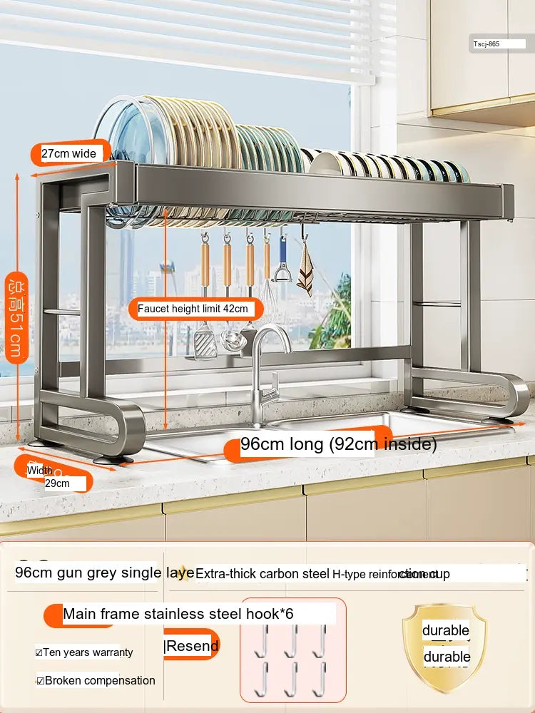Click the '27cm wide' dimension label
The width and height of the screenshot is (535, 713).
pos(68,153)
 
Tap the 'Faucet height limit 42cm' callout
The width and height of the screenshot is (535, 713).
pos(193,309)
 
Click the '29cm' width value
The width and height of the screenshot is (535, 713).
pos(57,483)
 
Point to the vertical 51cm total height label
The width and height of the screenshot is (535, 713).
pos(16,317)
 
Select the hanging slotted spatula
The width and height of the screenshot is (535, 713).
pos(205,342)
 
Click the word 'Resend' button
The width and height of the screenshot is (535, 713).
pos(191,646)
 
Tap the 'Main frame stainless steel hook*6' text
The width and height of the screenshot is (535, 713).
pos(178,614)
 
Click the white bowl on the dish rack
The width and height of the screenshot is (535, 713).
pos(324,163)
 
